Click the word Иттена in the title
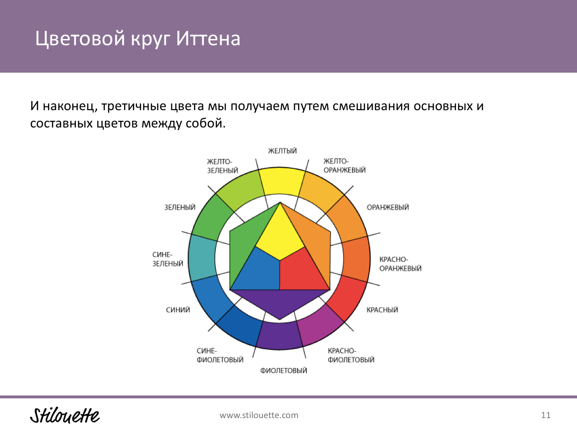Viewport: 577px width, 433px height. point(208,38)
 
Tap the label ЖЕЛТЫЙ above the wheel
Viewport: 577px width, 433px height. point(283,151)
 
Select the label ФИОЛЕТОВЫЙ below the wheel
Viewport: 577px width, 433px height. point(284,370)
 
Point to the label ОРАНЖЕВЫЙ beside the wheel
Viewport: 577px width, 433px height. point(388,207)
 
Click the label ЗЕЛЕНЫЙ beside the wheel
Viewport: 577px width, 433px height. point(180,207)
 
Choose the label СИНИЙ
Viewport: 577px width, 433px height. point(178,310)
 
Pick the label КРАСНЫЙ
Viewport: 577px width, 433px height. point(382,310)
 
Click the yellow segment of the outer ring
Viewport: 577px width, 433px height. point(281,181)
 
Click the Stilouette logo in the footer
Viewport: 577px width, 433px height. point(65,415)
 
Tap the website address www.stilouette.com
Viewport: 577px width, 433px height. point(259,415)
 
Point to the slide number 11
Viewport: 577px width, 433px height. point(546,415)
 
